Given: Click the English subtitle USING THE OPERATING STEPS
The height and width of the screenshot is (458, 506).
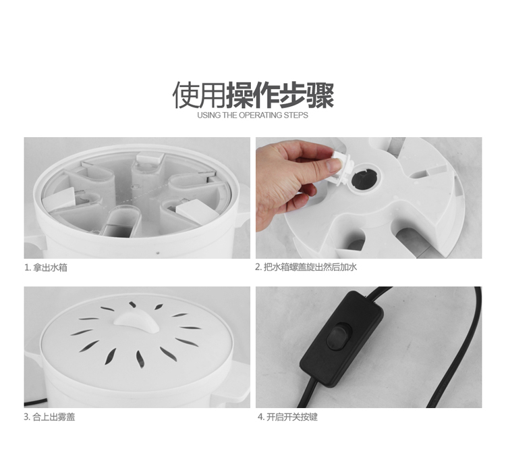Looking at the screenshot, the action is pyautogui.click(x=253, y=116).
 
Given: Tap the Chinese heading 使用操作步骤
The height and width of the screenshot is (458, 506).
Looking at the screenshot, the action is pyautogui.click(x=253, y=95).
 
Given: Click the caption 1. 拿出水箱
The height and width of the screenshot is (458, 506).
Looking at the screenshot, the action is pyautogui.click(x=46, y=268).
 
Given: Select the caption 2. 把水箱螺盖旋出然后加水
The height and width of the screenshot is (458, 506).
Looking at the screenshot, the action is pyautogui.click(x=306, y=268).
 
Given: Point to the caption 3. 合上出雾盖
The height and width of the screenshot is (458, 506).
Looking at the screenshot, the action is pyautogui.click(x=49, y=417).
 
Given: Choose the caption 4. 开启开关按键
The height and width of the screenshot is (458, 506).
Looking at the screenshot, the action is pyautogui.click(x=287, y=417).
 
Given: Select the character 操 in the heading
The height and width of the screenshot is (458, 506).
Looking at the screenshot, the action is pyautogui.click(x=240, y=95).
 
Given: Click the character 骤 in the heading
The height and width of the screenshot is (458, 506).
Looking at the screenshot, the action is pyautogui.click(x=320, y=95).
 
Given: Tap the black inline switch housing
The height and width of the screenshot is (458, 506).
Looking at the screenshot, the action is pyautogui.click(x=341, y=338).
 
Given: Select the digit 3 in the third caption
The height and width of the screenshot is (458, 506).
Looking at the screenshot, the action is pyautogui.click(x=26, y=417).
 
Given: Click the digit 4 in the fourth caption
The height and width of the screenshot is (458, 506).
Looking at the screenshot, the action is pyautogui.click(x=260, y=417).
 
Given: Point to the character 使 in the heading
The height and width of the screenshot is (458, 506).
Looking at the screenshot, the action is pyautogui.click(x=186, y=95).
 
